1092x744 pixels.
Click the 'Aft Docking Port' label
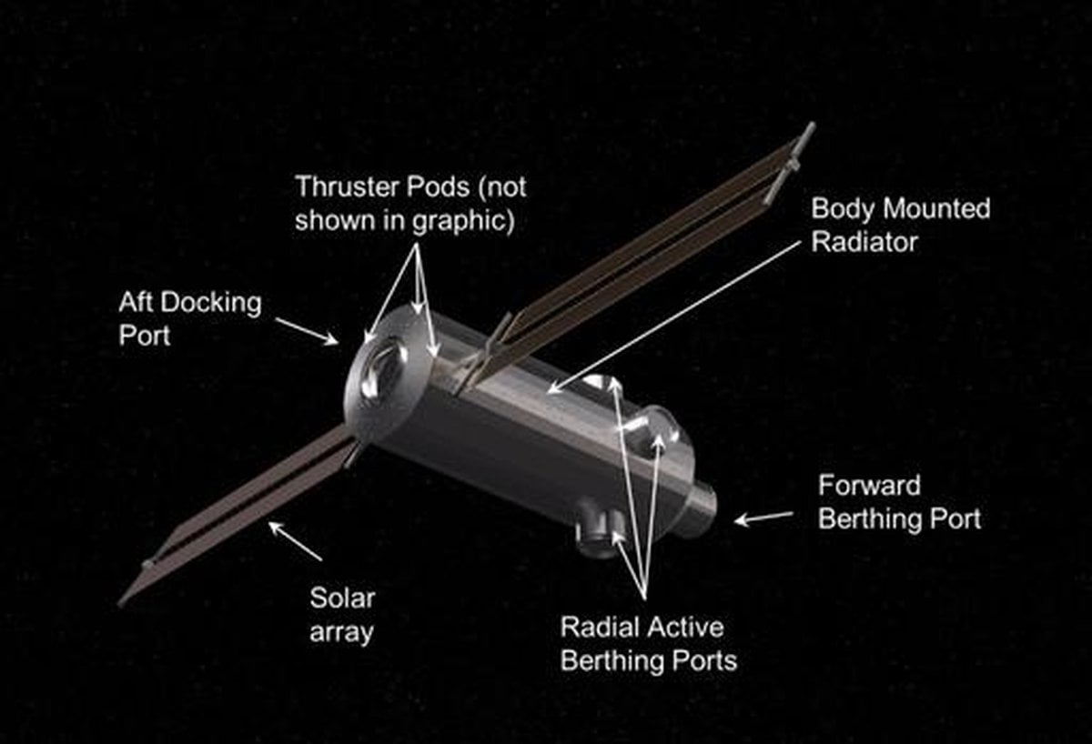[x=190, y=318]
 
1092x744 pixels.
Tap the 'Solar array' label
[x=342, y=615]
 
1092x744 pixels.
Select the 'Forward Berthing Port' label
[x=899, y=502]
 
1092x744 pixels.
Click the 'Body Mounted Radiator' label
[x=900, y=225]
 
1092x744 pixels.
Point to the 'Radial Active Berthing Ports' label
[x=648, y=644]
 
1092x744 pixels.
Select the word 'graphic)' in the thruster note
[x=463, y=221]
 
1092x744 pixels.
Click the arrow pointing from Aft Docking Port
[x=307, y=331]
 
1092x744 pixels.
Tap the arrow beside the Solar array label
[x=296, y=541]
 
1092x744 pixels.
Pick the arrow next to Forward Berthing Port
[x=763, y=518]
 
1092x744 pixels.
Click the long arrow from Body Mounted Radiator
[x=674, y=317]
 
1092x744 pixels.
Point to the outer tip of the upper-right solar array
[x=810, y=126]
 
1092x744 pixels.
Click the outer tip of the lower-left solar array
[x=121, y=604]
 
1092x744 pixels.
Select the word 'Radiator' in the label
[x=864, y=242]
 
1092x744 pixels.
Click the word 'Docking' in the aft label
[x=211, y=304]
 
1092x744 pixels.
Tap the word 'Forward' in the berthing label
[x=869, y=486]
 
